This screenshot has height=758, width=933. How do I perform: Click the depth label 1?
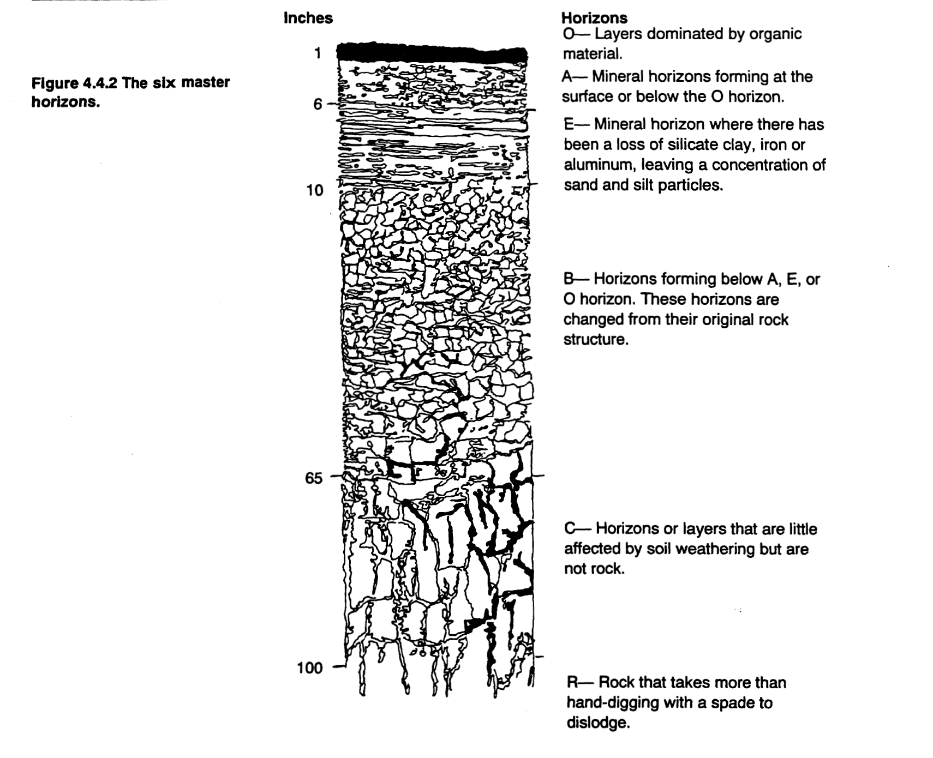pos(317,53)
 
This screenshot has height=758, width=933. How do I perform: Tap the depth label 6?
pos(318,104)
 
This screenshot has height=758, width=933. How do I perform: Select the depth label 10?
pos(314,190)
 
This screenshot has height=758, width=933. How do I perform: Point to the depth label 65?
pos(314,478)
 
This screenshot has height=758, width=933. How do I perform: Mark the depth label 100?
pos(310,667)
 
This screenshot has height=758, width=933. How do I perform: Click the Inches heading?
pos(308,18)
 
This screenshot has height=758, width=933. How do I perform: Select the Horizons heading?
pos(595,19)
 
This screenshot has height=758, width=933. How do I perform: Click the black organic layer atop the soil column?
pos(431,53)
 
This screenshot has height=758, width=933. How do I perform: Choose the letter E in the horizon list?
pos(569,125)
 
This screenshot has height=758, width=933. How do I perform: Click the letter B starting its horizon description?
pos(569,280)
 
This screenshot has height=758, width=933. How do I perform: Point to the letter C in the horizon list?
pos(570,529)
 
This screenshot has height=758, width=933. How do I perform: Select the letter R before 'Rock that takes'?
pos(572,683)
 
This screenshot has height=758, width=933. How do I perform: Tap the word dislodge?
pos(597,724)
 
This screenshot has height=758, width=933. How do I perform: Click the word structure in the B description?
pos(595,340)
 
